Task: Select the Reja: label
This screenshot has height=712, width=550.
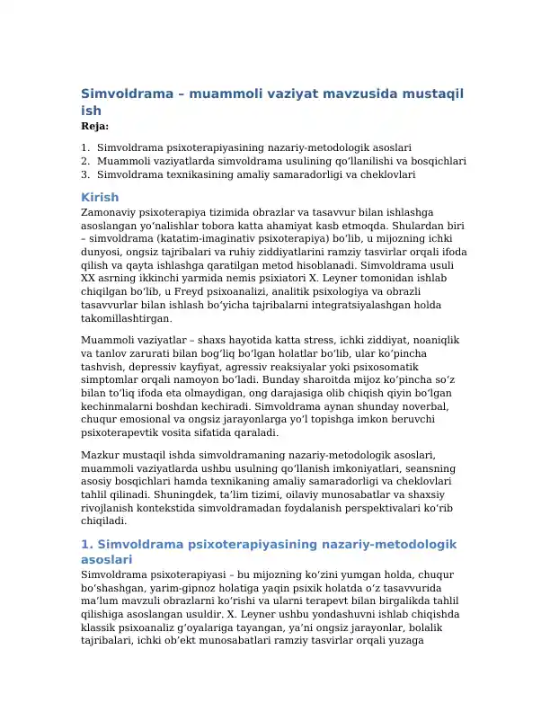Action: tap(94, 127)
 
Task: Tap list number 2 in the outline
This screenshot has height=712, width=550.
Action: tap(84, 162)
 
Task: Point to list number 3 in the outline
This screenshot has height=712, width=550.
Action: tap(84, 175)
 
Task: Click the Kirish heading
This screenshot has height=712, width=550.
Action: tap(100, 197)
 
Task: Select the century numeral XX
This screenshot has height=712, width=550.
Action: tap(89, 280)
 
